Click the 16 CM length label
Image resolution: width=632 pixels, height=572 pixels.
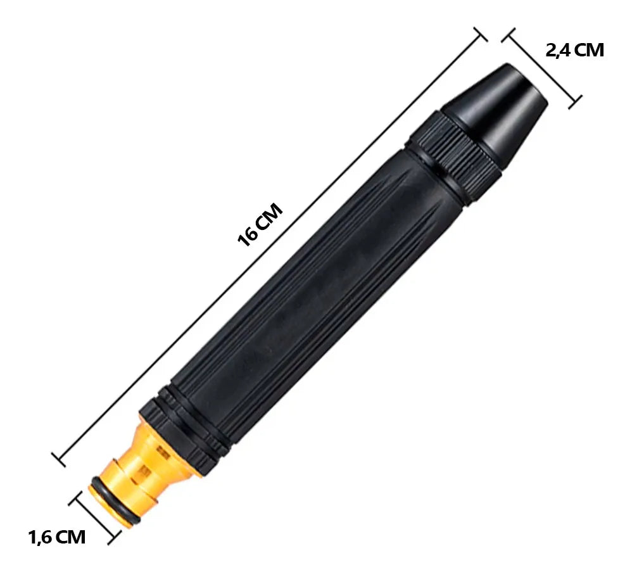coord(260,224)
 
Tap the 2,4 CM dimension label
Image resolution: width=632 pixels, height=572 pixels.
coord(574,51)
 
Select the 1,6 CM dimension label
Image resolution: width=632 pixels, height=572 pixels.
coord(57,537)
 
